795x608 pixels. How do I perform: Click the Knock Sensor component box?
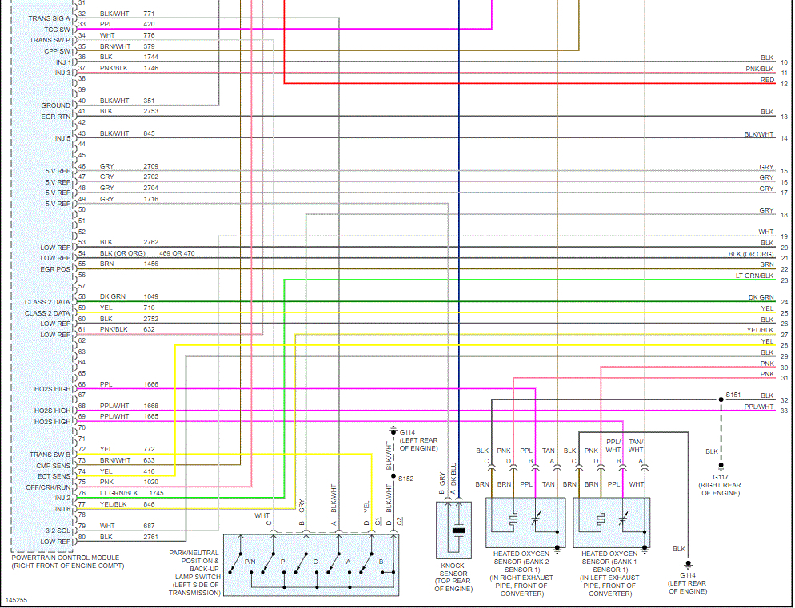point(458,529)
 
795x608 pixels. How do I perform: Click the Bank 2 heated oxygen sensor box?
point(525,521)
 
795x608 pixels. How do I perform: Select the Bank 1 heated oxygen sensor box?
point(612,521)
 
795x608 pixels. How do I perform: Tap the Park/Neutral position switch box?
point(311,565)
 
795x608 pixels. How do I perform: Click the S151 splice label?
point(733,395)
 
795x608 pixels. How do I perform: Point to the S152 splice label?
point(406,479)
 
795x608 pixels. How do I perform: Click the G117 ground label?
point(720,477)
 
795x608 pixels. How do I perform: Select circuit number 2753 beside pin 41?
point(150,111)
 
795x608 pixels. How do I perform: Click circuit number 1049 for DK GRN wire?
point(150,296)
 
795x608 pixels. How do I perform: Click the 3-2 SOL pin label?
point(57,531)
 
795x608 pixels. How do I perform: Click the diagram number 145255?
point(16,598)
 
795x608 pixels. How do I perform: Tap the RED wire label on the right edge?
point(767,80)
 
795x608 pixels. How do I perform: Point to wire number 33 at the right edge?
point(785,411)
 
